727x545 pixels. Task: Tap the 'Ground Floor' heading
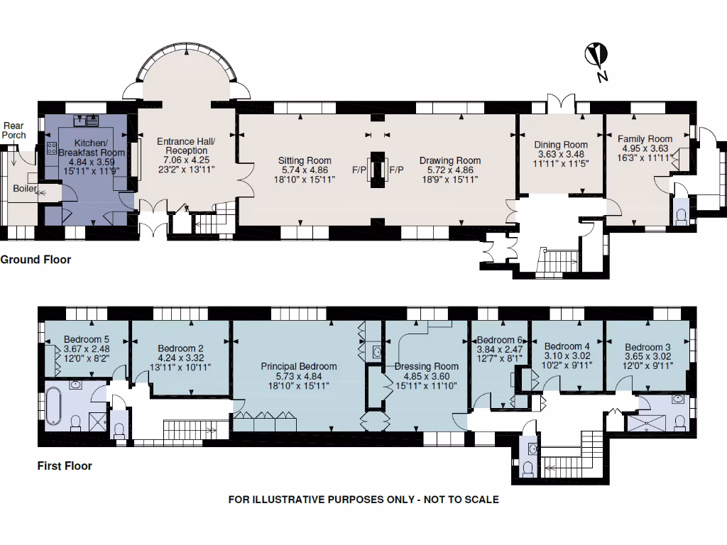click(35, 260)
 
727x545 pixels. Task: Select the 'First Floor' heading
click(65, 466)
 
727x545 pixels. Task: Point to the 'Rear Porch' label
click(14, 131)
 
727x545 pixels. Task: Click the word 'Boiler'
click(26, 188)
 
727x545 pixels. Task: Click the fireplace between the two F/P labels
click(377, 170)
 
